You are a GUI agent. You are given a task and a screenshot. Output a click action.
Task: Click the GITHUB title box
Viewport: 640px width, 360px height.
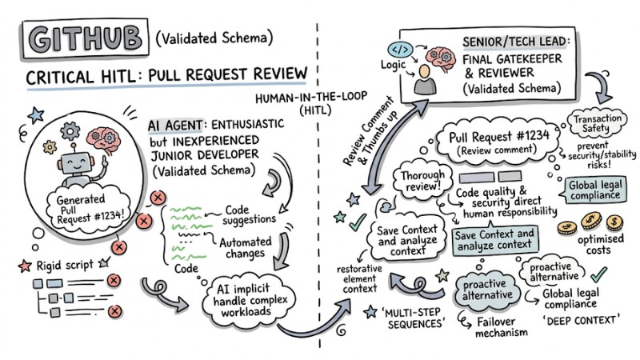pos(83,39)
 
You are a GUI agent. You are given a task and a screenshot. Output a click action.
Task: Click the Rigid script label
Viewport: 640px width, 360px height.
pos(57,265)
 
